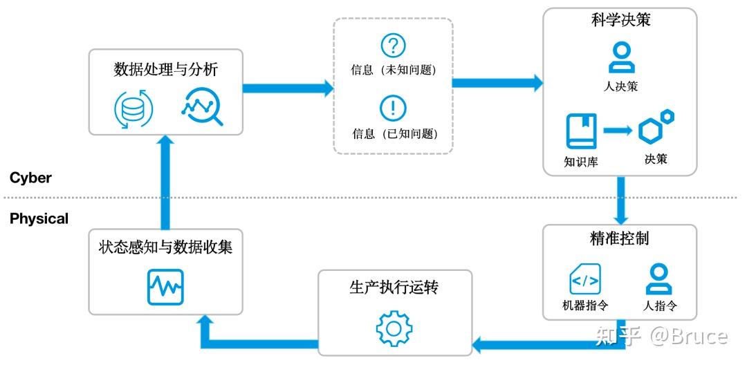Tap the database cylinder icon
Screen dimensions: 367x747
click(x=133, y=109)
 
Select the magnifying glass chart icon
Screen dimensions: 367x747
click(x=202, y=107)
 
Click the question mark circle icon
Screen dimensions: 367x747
click(x=393, y=46)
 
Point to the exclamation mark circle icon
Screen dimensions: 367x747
click(x=393, y=109)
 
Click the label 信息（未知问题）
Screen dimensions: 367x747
click(x=394, y=70)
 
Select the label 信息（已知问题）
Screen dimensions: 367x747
click(x=394, y=134)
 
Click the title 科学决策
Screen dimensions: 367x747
click(x=620, y=20)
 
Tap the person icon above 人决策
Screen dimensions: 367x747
click(x=620, y=57)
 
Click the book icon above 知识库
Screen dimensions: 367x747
click(x=581, y=131)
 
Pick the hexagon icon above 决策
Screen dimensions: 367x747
click(x=655, y=128)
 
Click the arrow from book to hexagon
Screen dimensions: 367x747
click(x=618, y=130)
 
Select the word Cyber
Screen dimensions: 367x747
click(x=30, y=178)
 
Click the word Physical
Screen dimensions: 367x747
click(x=39, y=218)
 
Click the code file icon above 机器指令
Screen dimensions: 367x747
click(x=584, y=279)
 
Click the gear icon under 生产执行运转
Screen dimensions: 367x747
click(x=394, y=327)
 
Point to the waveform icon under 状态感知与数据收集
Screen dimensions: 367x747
click(x=165, y=286)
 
